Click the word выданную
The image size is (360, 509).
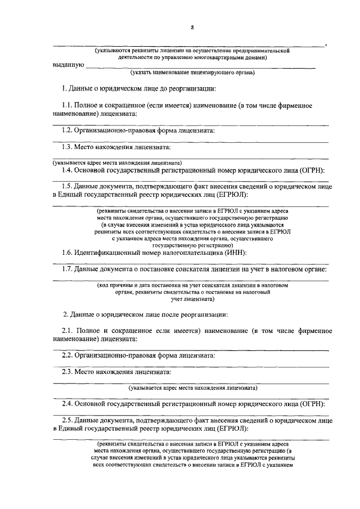coord(68,65)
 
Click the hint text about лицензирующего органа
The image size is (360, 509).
coord(192,73)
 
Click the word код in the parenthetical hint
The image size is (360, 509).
coord(105,286)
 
